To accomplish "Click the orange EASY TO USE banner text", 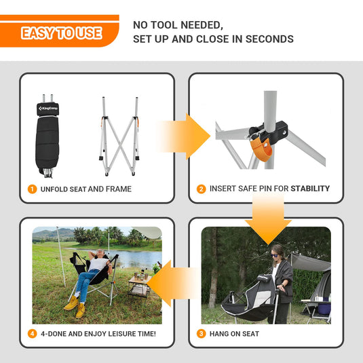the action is [x=61, y=33].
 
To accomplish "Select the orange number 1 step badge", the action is [x=32, y=189].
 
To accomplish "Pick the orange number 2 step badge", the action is [x=202, y=189].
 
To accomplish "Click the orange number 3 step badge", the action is [x=202, y=334].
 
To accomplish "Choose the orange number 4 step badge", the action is [x=32, y=334].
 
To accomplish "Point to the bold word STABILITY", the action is [x=310, y=189].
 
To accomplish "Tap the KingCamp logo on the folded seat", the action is [x=48, y=109].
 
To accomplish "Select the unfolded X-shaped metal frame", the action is [x=119, y=136].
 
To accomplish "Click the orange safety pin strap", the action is [x=261, y=150].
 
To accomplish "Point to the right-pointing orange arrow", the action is [x=184, y=136].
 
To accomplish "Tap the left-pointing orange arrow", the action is [x=172, y=283].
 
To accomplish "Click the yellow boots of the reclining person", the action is [x=75, y=307].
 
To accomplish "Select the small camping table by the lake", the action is [x=139, y=286].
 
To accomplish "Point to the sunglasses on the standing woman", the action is [x=275, y=256].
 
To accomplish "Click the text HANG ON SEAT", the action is [x=234, y=334].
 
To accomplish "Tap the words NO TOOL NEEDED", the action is [x=178, y=25].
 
